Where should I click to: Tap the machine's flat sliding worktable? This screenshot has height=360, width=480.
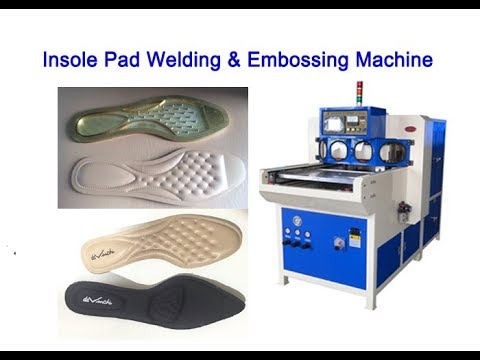330,179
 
